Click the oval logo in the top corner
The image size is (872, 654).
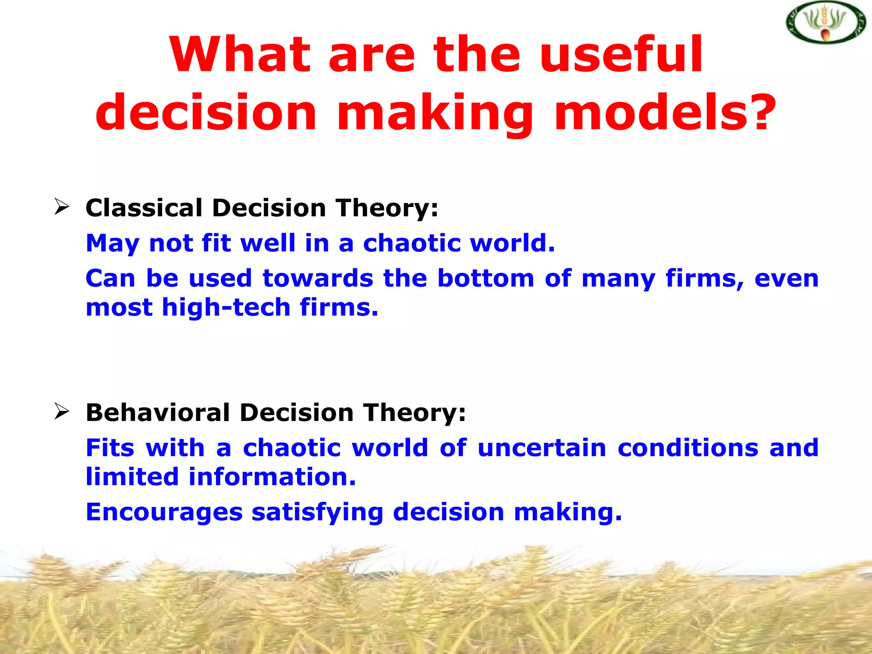click(826, 23)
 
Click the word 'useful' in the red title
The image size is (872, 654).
click(621, 54)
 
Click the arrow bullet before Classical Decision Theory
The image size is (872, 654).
click(62, 207)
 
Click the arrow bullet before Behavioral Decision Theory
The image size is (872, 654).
click(62, 412)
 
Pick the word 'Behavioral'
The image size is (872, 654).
click(158, 413)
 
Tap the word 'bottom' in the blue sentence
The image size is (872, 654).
click(485, 278)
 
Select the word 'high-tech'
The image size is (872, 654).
click(226, 307)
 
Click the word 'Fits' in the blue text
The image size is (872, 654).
click(110, 448)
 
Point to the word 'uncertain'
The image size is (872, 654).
click(542, 448)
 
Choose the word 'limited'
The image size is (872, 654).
click(132, 476)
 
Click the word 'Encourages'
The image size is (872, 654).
click(164, 512)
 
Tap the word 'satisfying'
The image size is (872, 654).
click(317, 512)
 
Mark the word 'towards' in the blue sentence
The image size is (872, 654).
click(318, 278)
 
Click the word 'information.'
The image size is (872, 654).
click(272, 476)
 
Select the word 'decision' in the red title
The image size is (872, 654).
click(206, 113)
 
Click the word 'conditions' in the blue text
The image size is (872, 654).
click(688, 448)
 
